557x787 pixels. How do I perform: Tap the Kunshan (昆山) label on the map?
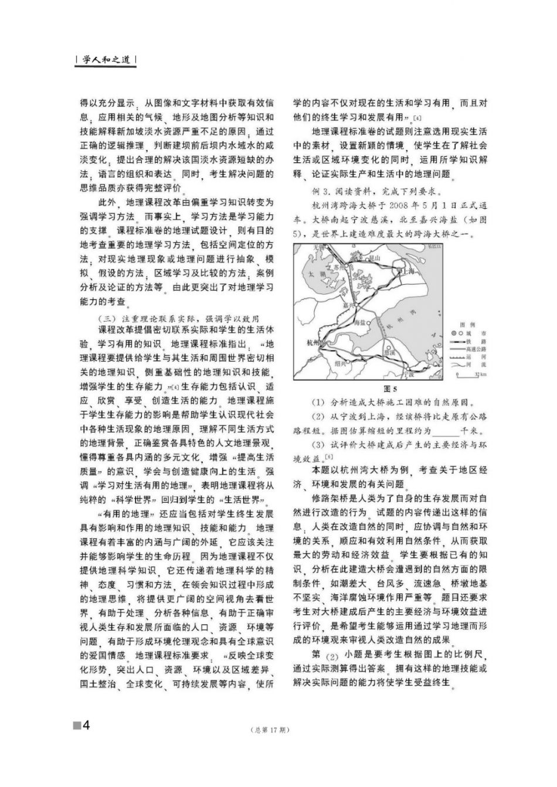coord(371,257)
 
